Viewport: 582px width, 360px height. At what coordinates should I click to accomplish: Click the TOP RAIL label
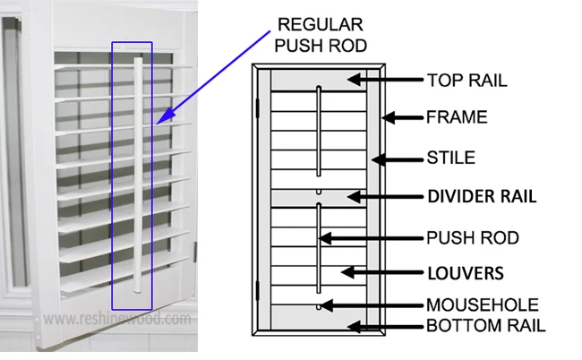(x=466, y=81)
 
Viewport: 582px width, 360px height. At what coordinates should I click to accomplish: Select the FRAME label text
(x=457, y=117)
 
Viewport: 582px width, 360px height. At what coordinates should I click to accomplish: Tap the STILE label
(x=450, y=160)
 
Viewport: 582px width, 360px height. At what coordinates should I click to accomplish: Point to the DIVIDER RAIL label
(x=482, y=195)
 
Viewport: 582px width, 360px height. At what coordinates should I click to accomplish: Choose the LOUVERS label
(x=466, y=270)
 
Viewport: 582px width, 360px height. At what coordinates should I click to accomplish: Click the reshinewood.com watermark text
(x=116, y=319)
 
